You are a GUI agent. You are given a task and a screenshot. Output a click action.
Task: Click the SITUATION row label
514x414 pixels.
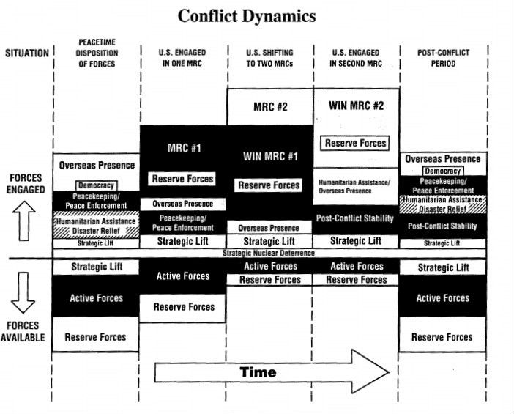(x=27, y=53)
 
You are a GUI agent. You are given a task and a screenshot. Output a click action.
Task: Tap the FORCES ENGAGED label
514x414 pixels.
(x=27, y=183)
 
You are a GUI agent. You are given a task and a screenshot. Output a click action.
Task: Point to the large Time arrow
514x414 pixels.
(x=271, y=372)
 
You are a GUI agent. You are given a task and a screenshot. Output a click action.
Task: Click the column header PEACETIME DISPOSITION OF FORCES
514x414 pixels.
(x=97, y=53)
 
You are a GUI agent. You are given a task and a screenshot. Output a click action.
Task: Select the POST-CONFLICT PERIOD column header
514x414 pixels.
(x=443, y=58)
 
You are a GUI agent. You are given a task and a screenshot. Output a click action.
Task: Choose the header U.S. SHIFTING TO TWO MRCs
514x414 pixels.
(x=270, y=58)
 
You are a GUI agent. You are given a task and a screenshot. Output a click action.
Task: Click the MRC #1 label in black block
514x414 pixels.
(x=183, y=148)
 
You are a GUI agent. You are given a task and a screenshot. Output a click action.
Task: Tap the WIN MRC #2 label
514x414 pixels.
(x=357, y=105)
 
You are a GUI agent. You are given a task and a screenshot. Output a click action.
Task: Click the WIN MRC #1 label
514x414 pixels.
(x=270, y=156)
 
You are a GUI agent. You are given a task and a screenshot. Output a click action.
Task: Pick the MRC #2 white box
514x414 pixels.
(x=270, y=106)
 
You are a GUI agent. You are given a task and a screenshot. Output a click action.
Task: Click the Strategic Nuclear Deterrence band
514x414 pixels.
(x=270, y=253)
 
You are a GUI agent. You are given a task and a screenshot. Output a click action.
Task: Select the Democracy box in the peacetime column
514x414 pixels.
(x=96, y=186)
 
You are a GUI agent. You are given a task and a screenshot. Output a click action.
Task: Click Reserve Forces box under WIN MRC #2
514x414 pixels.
(x=357, y=143)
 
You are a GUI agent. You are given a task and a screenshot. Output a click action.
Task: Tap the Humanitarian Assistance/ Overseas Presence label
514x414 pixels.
(x=355, y=185)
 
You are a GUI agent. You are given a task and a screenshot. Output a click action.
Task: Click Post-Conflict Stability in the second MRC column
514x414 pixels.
(x=356, y=218)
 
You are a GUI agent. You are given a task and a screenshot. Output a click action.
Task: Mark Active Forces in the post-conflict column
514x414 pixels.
(x=443, y=298)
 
